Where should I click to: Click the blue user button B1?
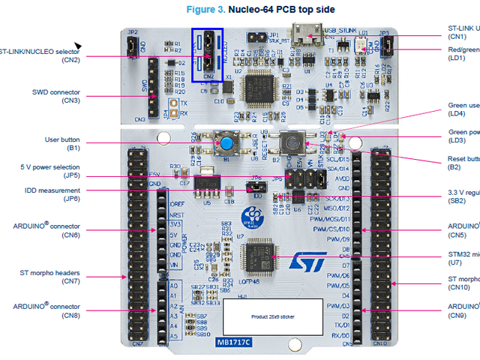coord(224,142)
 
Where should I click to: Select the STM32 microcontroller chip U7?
coord(262,255)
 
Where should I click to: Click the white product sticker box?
coord(273,317)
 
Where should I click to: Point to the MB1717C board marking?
coord(234,343)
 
